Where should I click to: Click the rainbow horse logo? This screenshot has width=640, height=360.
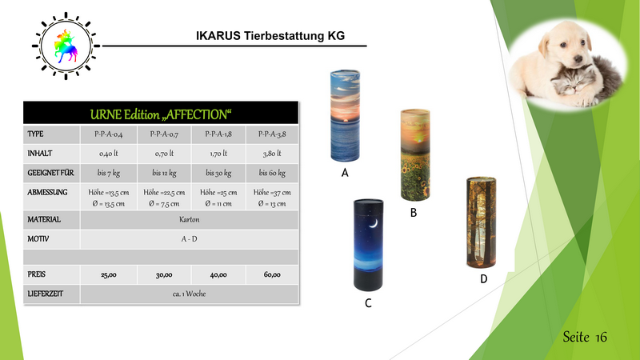(66, 46)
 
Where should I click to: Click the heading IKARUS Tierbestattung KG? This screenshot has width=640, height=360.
(270, 36)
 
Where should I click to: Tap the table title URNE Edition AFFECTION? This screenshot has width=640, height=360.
(161, 114)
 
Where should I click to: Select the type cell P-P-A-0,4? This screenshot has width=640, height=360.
(109, 134)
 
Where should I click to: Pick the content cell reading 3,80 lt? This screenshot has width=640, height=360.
(272, 154)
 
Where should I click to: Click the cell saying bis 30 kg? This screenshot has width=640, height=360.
(218, 173)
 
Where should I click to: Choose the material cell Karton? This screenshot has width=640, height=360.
(190, 219)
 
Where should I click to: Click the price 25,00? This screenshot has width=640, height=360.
(109, 274)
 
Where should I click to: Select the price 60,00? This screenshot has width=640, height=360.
(272, 274)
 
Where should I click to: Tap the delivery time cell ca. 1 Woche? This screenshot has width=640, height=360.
(189, 294)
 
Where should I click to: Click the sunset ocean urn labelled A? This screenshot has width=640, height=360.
(345, 115)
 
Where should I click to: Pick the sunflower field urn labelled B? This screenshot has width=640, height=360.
(415, 154)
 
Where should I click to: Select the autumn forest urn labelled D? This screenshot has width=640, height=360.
(482, 222)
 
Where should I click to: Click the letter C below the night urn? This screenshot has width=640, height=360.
(368, 303)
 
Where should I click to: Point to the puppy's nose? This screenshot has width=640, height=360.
(578, 60)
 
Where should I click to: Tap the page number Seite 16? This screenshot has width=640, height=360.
(585, 337)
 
